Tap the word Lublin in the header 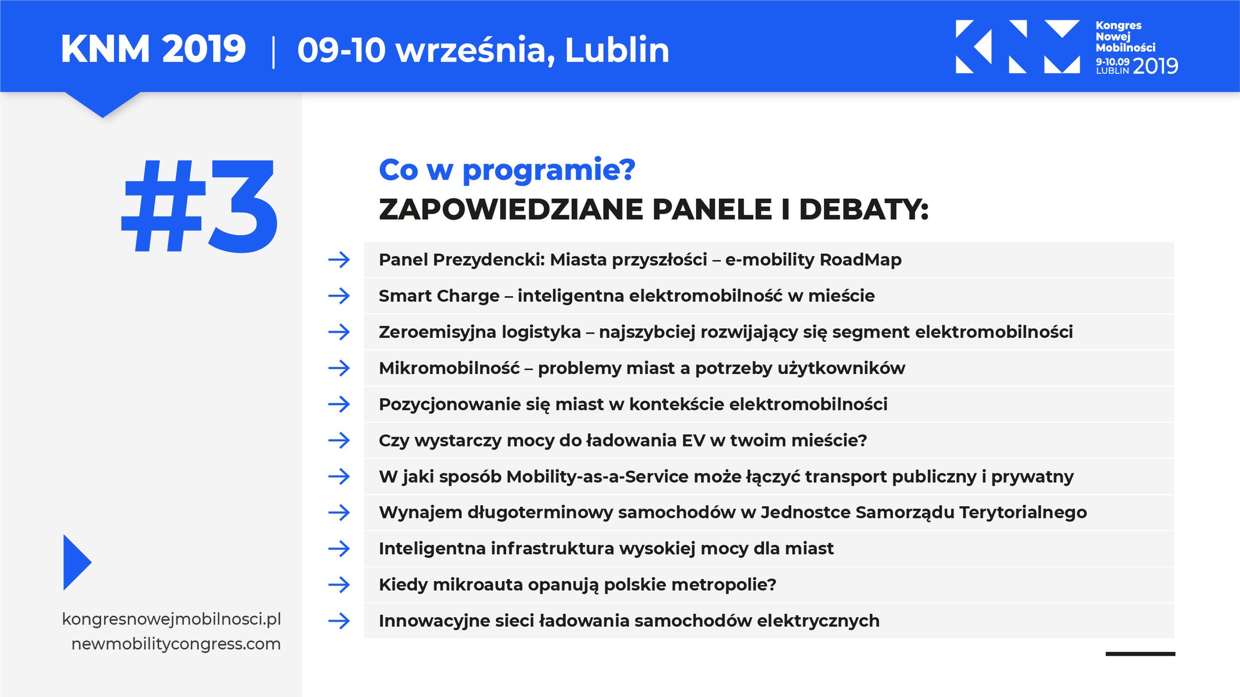pos(617,50)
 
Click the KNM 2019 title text pos(153,49)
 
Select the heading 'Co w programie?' pos(507,170)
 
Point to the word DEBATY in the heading pos(863,209)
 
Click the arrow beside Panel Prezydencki pos(339,260)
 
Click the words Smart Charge pos(439,296)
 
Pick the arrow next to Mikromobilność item pos(339,368)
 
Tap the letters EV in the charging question pos(693,440)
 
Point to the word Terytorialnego pos(1023,512)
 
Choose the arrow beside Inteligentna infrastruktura pos(339,548)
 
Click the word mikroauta pos(478,585)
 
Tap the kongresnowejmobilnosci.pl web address pos(172,619)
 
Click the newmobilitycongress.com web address pos(176,644)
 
